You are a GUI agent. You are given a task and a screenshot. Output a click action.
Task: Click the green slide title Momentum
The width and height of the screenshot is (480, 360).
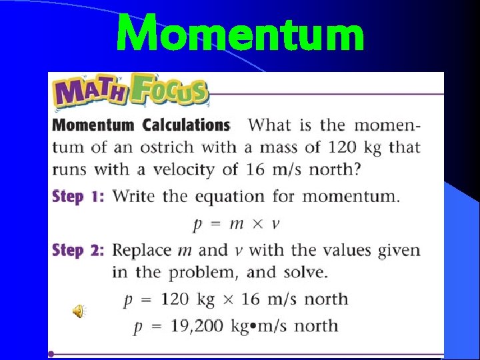point(240,35)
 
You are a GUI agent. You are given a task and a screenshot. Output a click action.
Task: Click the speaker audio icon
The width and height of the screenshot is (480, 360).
point(79,311)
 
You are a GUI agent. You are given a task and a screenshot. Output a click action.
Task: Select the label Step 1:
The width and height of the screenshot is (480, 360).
point(79,196)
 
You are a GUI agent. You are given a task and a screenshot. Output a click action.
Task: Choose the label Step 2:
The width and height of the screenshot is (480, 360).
point(79,250)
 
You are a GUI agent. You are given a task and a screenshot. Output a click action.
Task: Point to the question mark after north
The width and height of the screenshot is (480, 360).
point(358,169)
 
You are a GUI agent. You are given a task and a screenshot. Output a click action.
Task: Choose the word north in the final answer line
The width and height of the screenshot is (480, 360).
point(316,326)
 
